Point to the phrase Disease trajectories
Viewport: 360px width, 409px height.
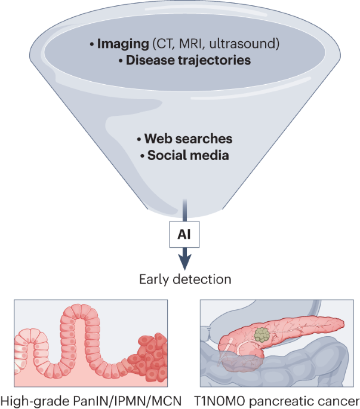click(183, 60)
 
